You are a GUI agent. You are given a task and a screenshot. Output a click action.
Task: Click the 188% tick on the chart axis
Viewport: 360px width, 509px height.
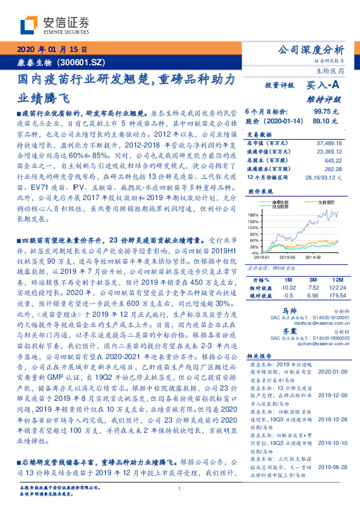(254, 215)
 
